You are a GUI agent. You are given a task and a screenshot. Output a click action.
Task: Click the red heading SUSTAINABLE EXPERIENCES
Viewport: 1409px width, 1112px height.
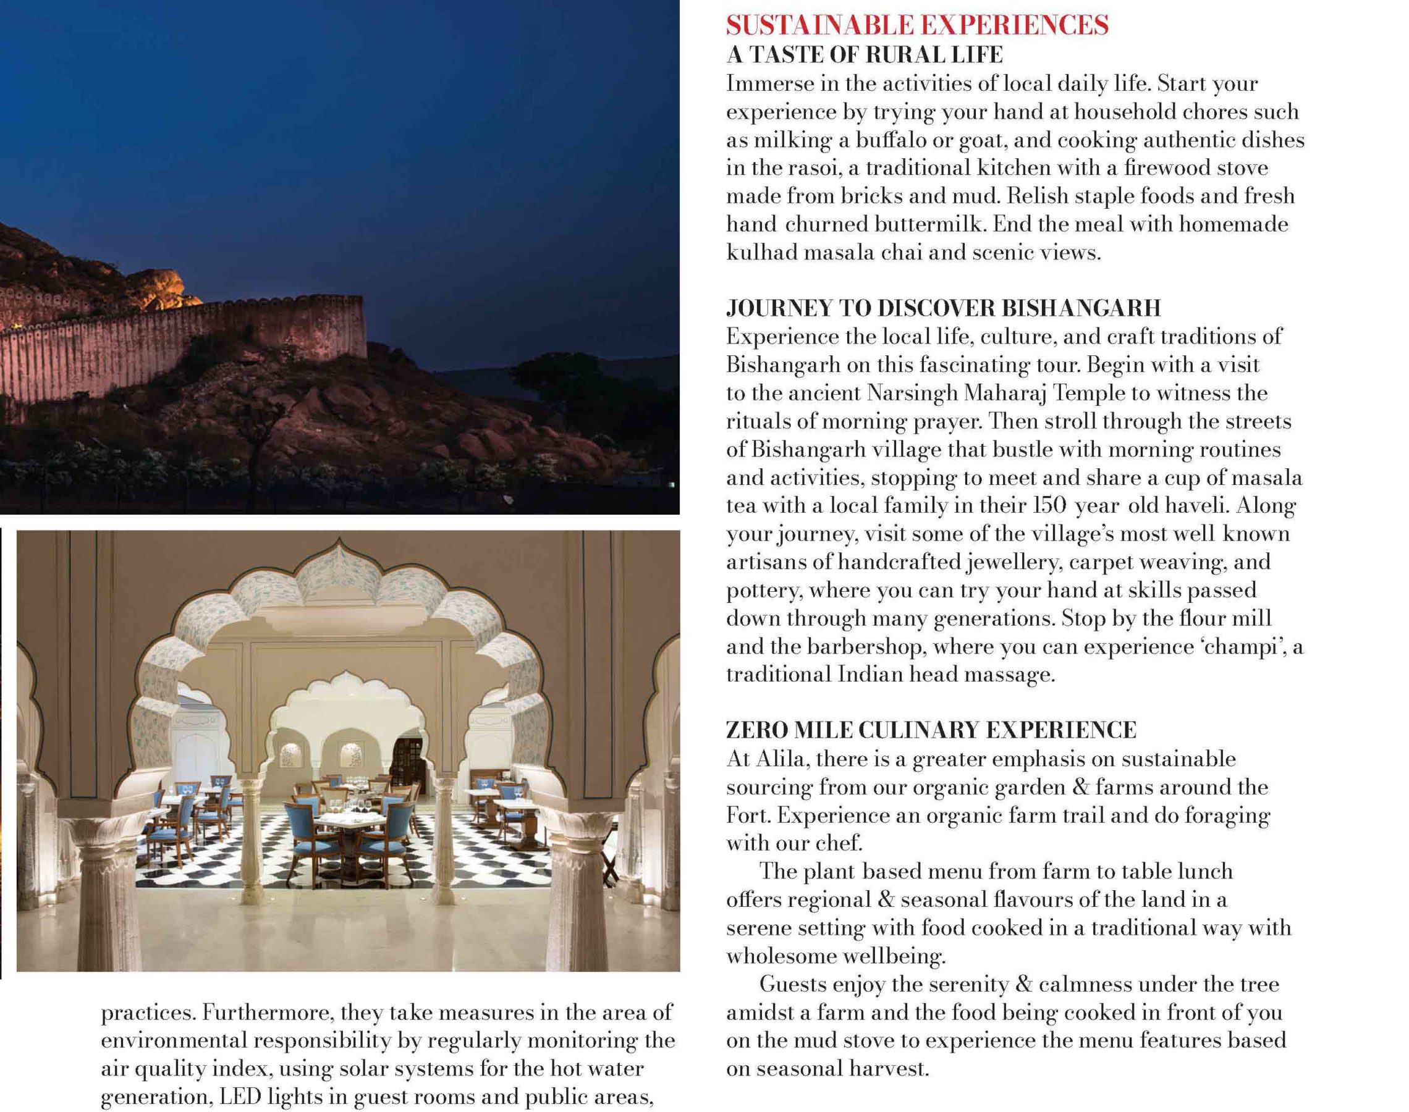[x=916, y=25]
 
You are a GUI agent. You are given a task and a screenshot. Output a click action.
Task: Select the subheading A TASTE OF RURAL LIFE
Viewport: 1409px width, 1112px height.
[x=864, y=55]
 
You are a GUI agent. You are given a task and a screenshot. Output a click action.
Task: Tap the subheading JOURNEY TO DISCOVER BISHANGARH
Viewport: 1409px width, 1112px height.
[x=944, y=308]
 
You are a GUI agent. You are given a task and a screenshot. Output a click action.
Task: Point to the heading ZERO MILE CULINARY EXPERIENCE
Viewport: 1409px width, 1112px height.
[x=931, y=730]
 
